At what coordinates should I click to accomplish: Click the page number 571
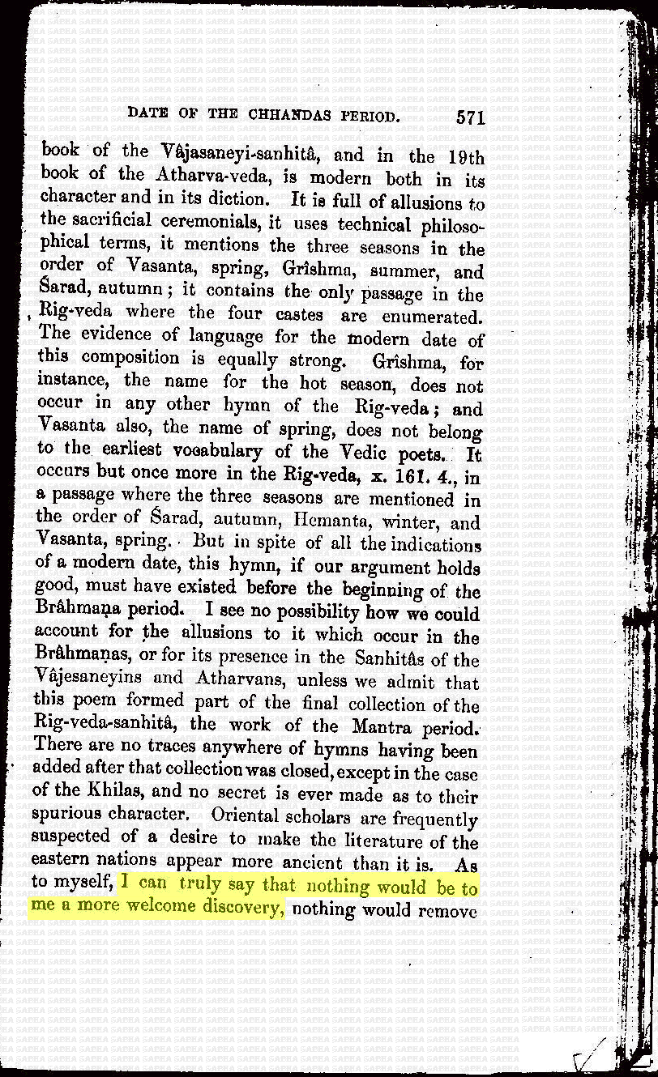pyautogui.click(x=470, y=117)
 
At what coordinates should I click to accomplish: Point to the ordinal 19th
pyautogui.click(x=465, y=156)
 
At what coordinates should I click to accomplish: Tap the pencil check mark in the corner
pyautogui.click(x=590, y=1054)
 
